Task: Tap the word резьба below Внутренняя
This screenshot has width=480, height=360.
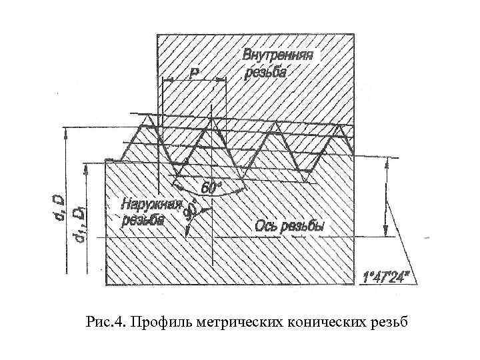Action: point(265,72)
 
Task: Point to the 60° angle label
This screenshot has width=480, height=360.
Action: point(209,189)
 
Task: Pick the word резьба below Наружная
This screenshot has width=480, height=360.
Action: point(142,221)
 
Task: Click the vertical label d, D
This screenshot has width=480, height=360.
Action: point(59,205)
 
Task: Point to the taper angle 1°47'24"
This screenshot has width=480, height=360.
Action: point(391,275)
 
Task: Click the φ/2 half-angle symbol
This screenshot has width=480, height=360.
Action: point(191,211)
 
